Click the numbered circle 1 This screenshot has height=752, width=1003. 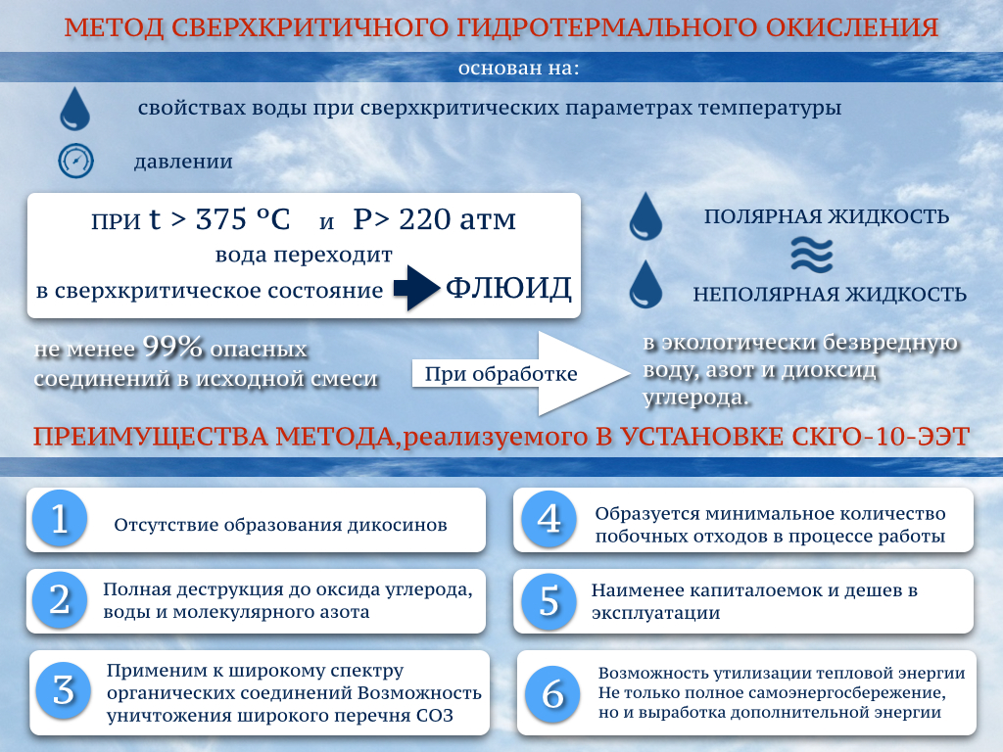click(60, 518)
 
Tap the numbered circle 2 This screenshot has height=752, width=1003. click(60, 599)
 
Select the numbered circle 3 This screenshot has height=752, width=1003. click(64, 690)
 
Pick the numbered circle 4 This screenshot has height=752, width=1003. click(549, 518)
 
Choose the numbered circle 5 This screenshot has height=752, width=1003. click(549, 600)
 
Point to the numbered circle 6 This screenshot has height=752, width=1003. click(552, 694)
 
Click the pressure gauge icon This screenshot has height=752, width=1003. click(76, 161)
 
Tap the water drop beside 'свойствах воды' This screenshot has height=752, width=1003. click(74, 108)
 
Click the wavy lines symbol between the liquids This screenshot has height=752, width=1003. click(812, 255)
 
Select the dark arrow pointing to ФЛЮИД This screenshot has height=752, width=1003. click(416, 288)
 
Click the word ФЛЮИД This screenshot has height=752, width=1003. click(508, 288)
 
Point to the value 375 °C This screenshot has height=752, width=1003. click(243, 219)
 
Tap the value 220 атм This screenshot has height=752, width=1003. click(457, 219)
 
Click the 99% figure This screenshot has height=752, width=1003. click(172, 347)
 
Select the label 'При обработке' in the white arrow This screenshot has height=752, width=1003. click(501, 373)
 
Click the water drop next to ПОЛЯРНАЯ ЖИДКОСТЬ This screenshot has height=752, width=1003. click(645, 215)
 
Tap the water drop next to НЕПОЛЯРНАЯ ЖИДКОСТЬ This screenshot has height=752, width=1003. click(645, 284)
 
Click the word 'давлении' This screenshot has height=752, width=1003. click(183, 162)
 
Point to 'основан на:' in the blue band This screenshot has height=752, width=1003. click(519, 68)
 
